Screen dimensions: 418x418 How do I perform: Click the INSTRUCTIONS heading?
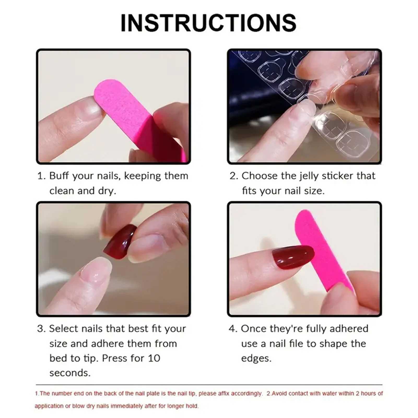pyautogui.click(x=208, y=23)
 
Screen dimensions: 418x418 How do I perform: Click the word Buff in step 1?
pyautogui.click(x=59, y=176)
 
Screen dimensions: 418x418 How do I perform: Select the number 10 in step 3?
pyautogui.click(x=154, y=358)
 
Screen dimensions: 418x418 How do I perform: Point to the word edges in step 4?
pyautogui.click(x=256, y=358)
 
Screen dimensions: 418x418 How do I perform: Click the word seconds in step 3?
pyautogui.click(x=70, y=373)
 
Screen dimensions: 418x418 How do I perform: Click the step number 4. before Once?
pyautogui.click(x=233, y=329)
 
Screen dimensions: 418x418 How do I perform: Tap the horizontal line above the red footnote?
pyautogui.click(x=209, y=385)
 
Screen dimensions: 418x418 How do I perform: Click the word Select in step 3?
pyautogui.click(x=64, y=329)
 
